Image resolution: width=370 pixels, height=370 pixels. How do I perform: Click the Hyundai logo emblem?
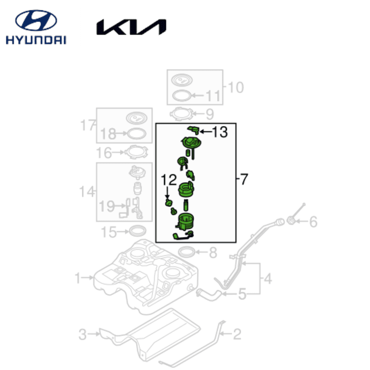36,21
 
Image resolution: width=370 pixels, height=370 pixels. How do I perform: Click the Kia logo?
131,27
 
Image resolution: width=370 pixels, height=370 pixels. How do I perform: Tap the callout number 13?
220,132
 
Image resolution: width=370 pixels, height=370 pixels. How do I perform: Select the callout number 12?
169,179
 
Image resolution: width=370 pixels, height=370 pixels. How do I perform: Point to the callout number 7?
244,179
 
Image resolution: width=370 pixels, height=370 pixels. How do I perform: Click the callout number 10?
235,88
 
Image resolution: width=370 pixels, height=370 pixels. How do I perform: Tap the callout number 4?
268,279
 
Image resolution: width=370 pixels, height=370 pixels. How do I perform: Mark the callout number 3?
83,334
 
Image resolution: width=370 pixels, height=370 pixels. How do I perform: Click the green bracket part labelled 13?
194,129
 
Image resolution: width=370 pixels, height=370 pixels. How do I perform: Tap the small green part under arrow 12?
168,203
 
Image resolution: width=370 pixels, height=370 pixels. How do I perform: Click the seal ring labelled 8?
188,253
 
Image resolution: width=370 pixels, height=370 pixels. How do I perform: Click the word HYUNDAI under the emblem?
36,40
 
